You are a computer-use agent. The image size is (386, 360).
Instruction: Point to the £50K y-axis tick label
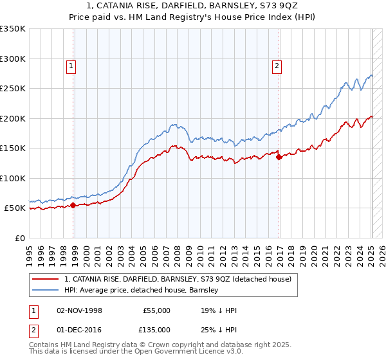pos(14,208)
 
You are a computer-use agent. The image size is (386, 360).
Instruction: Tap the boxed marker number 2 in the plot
pos(277,65)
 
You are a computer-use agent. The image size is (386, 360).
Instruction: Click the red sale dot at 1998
pos(73,206)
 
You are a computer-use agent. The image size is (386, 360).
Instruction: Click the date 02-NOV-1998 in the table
pos(79,310)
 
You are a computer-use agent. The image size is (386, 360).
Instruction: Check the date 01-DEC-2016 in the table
pos(79,330)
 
